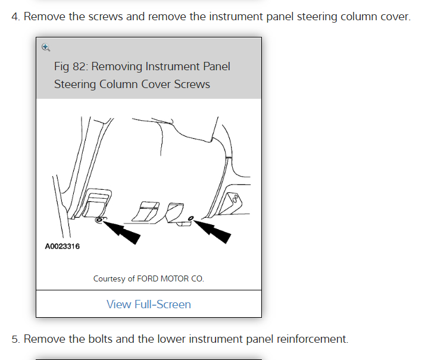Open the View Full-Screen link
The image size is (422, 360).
tap(148, 304)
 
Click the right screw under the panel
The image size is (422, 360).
tap(190, 218)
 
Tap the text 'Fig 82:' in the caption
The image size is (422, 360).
tap(71, 66)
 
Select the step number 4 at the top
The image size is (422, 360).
tap(15, 16)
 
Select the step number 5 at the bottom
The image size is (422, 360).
tap(15, 339)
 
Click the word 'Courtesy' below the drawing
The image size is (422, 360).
tap(109, 278)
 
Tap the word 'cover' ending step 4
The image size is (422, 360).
tap(394, 16)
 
